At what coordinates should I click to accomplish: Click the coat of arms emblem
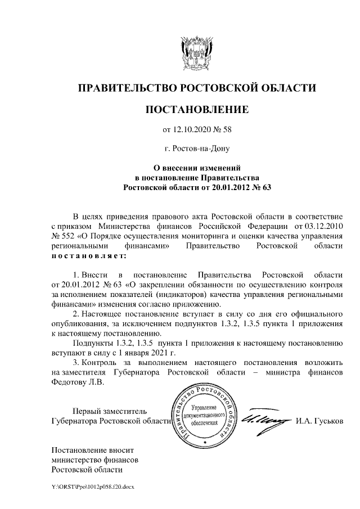[197, 52]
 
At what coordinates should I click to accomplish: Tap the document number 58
[226, 130]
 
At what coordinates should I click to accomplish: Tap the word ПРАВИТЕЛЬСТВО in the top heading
[125, 88]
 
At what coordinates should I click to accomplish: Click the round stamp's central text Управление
[203, 407]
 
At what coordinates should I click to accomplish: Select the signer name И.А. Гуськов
[319, 421]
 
